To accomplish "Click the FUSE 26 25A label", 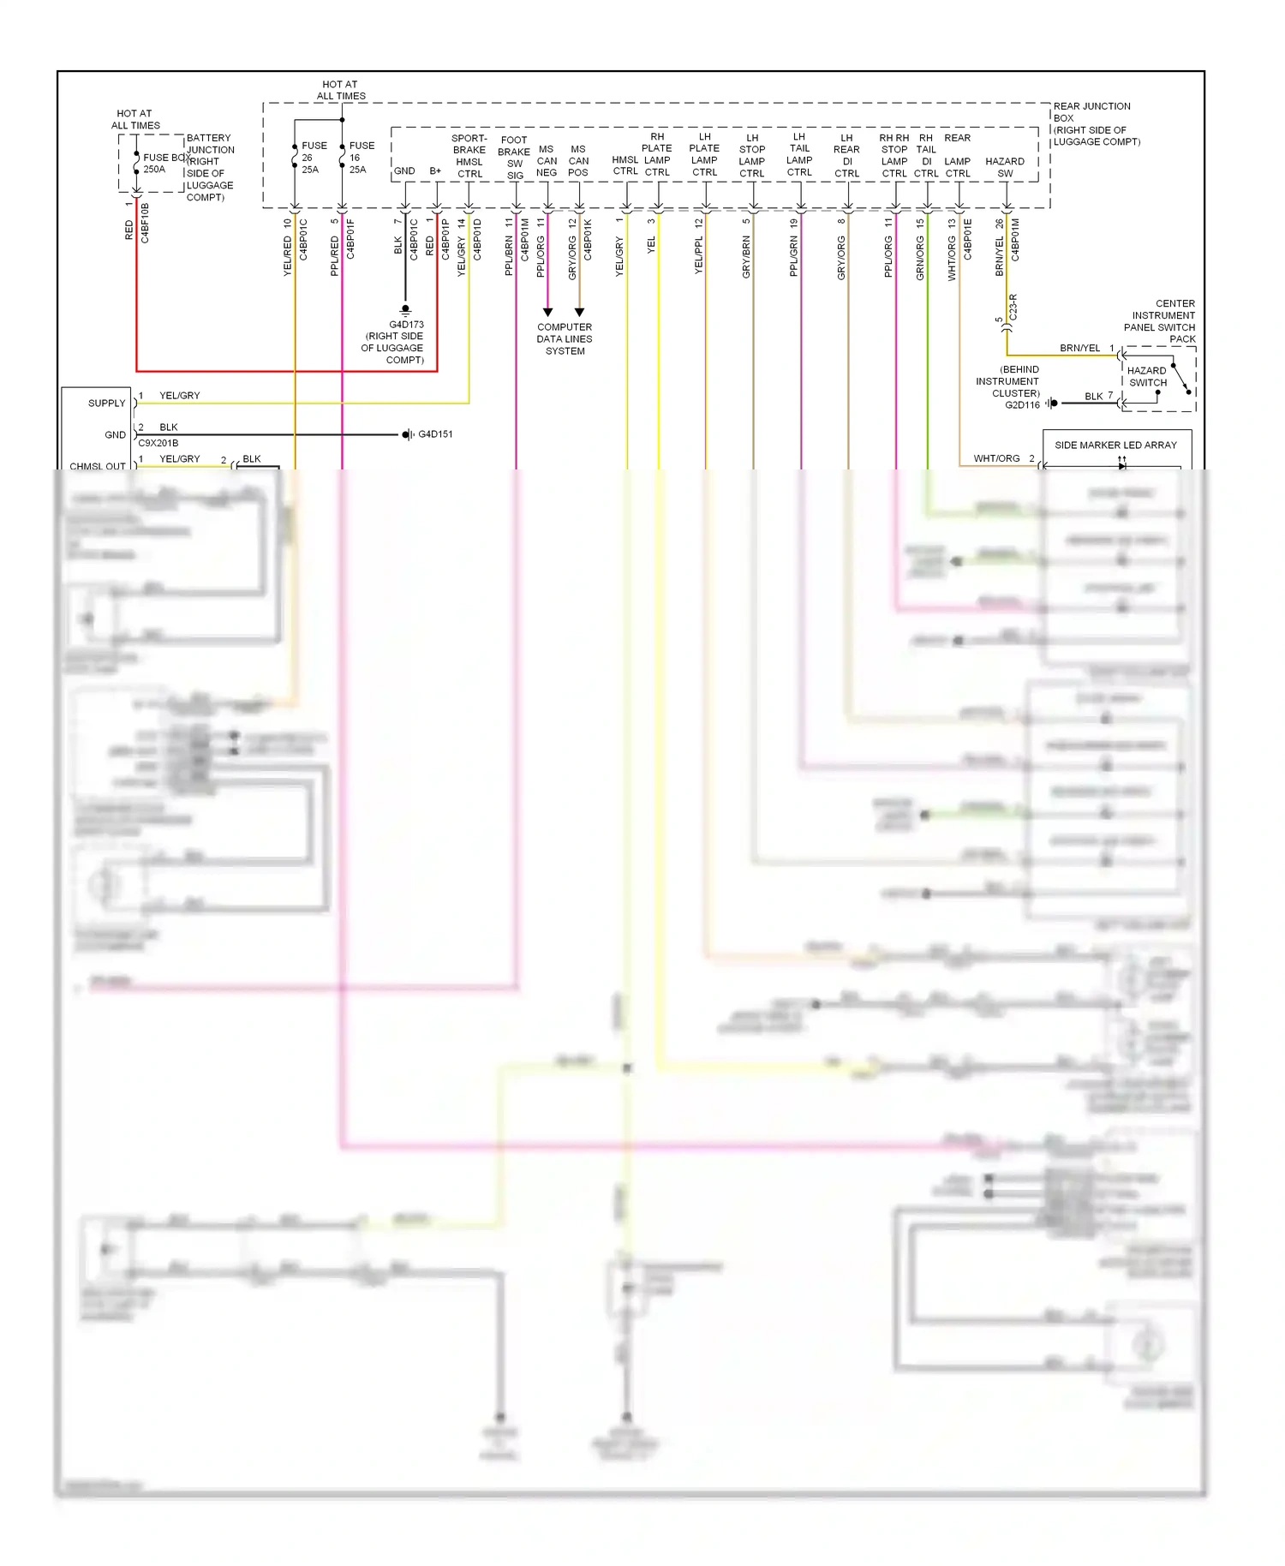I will pos(313,158).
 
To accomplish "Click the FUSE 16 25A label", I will pos(361,158).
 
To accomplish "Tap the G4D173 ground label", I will pos(406,325).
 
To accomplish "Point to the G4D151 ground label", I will pos(435,434).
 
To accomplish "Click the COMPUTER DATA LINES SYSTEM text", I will pos(565,338).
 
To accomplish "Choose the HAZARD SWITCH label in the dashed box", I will pos(1146,377).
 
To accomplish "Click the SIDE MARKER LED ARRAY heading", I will pos(1115,445).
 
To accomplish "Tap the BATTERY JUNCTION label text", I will pos(210,144).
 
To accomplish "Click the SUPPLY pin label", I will pos(106,403).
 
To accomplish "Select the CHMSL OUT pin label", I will pos(97,466).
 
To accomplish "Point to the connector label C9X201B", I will pos(158,444).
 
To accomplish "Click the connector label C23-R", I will pos(1013,307).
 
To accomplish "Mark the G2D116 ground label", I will pos(1022,404).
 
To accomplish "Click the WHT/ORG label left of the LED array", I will pos(996,458).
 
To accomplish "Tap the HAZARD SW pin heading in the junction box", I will pos(1005,167).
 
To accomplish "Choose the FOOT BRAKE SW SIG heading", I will pos(514,158).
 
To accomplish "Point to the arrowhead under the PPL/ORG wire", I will pos(547,312).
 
